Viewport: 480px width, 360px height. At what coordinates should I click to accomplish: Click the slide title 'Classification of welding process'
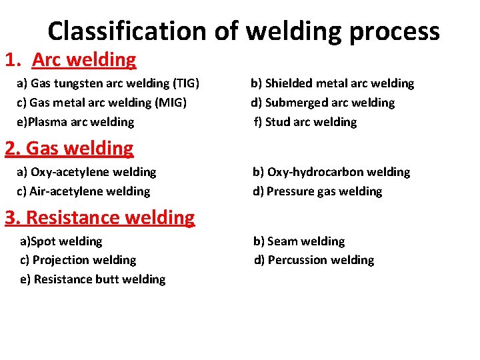(243, 31)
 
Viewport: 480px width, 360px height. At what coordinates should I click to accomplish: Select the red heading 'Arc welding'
(84, 60)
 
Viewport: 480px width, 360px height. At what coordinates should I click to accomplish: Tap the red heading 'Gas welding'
(69, 148)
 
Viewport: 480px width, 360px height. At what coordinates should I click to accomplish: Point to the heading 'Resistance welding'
(100, 217)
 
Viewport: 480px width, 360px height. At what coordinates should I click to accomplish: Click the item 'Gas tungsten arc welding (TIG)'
(109, 83)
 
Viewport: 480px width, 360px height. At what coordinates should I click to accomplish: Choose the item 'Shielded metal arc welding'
(332, 83)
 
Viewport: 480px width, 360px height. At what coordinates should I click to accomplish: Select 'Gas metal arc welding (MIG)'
(102, 103)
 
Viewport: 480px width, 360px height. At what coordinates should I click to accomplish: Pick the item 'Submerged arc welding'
(323, 103)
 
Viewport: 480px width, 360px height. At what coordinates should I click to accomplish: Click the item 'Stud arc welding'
(305, 122)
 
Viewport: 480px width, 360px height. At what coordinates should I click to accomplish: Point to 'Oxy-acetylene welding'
(87, 172)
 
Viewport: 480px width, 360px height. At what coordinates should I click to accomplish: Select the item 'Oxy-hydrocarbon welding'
(331, 172)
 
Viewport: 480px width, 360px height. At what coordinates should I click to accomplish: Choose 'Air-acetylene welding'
(84, 191)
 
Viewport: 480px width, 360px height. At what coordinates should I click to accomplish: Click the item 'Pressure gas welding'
(317, 191)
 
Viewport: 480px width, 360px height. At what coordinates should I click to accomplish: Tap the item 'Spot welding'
(61, 241)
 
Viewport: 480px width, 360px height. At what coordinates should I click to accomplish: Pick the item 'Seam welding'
(299, 241)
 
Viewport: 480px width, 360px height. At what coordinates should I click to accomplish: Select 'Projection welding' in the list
(78, 260)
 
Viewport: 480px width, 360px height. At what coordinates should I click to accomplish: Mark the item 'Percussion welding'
(314, 260)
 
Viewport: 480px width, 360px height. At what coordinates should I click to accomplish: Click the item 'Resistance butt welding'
(93, 279)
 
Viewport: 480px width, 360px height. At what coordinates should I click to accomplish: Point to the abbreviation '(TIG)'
(186, 83)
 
